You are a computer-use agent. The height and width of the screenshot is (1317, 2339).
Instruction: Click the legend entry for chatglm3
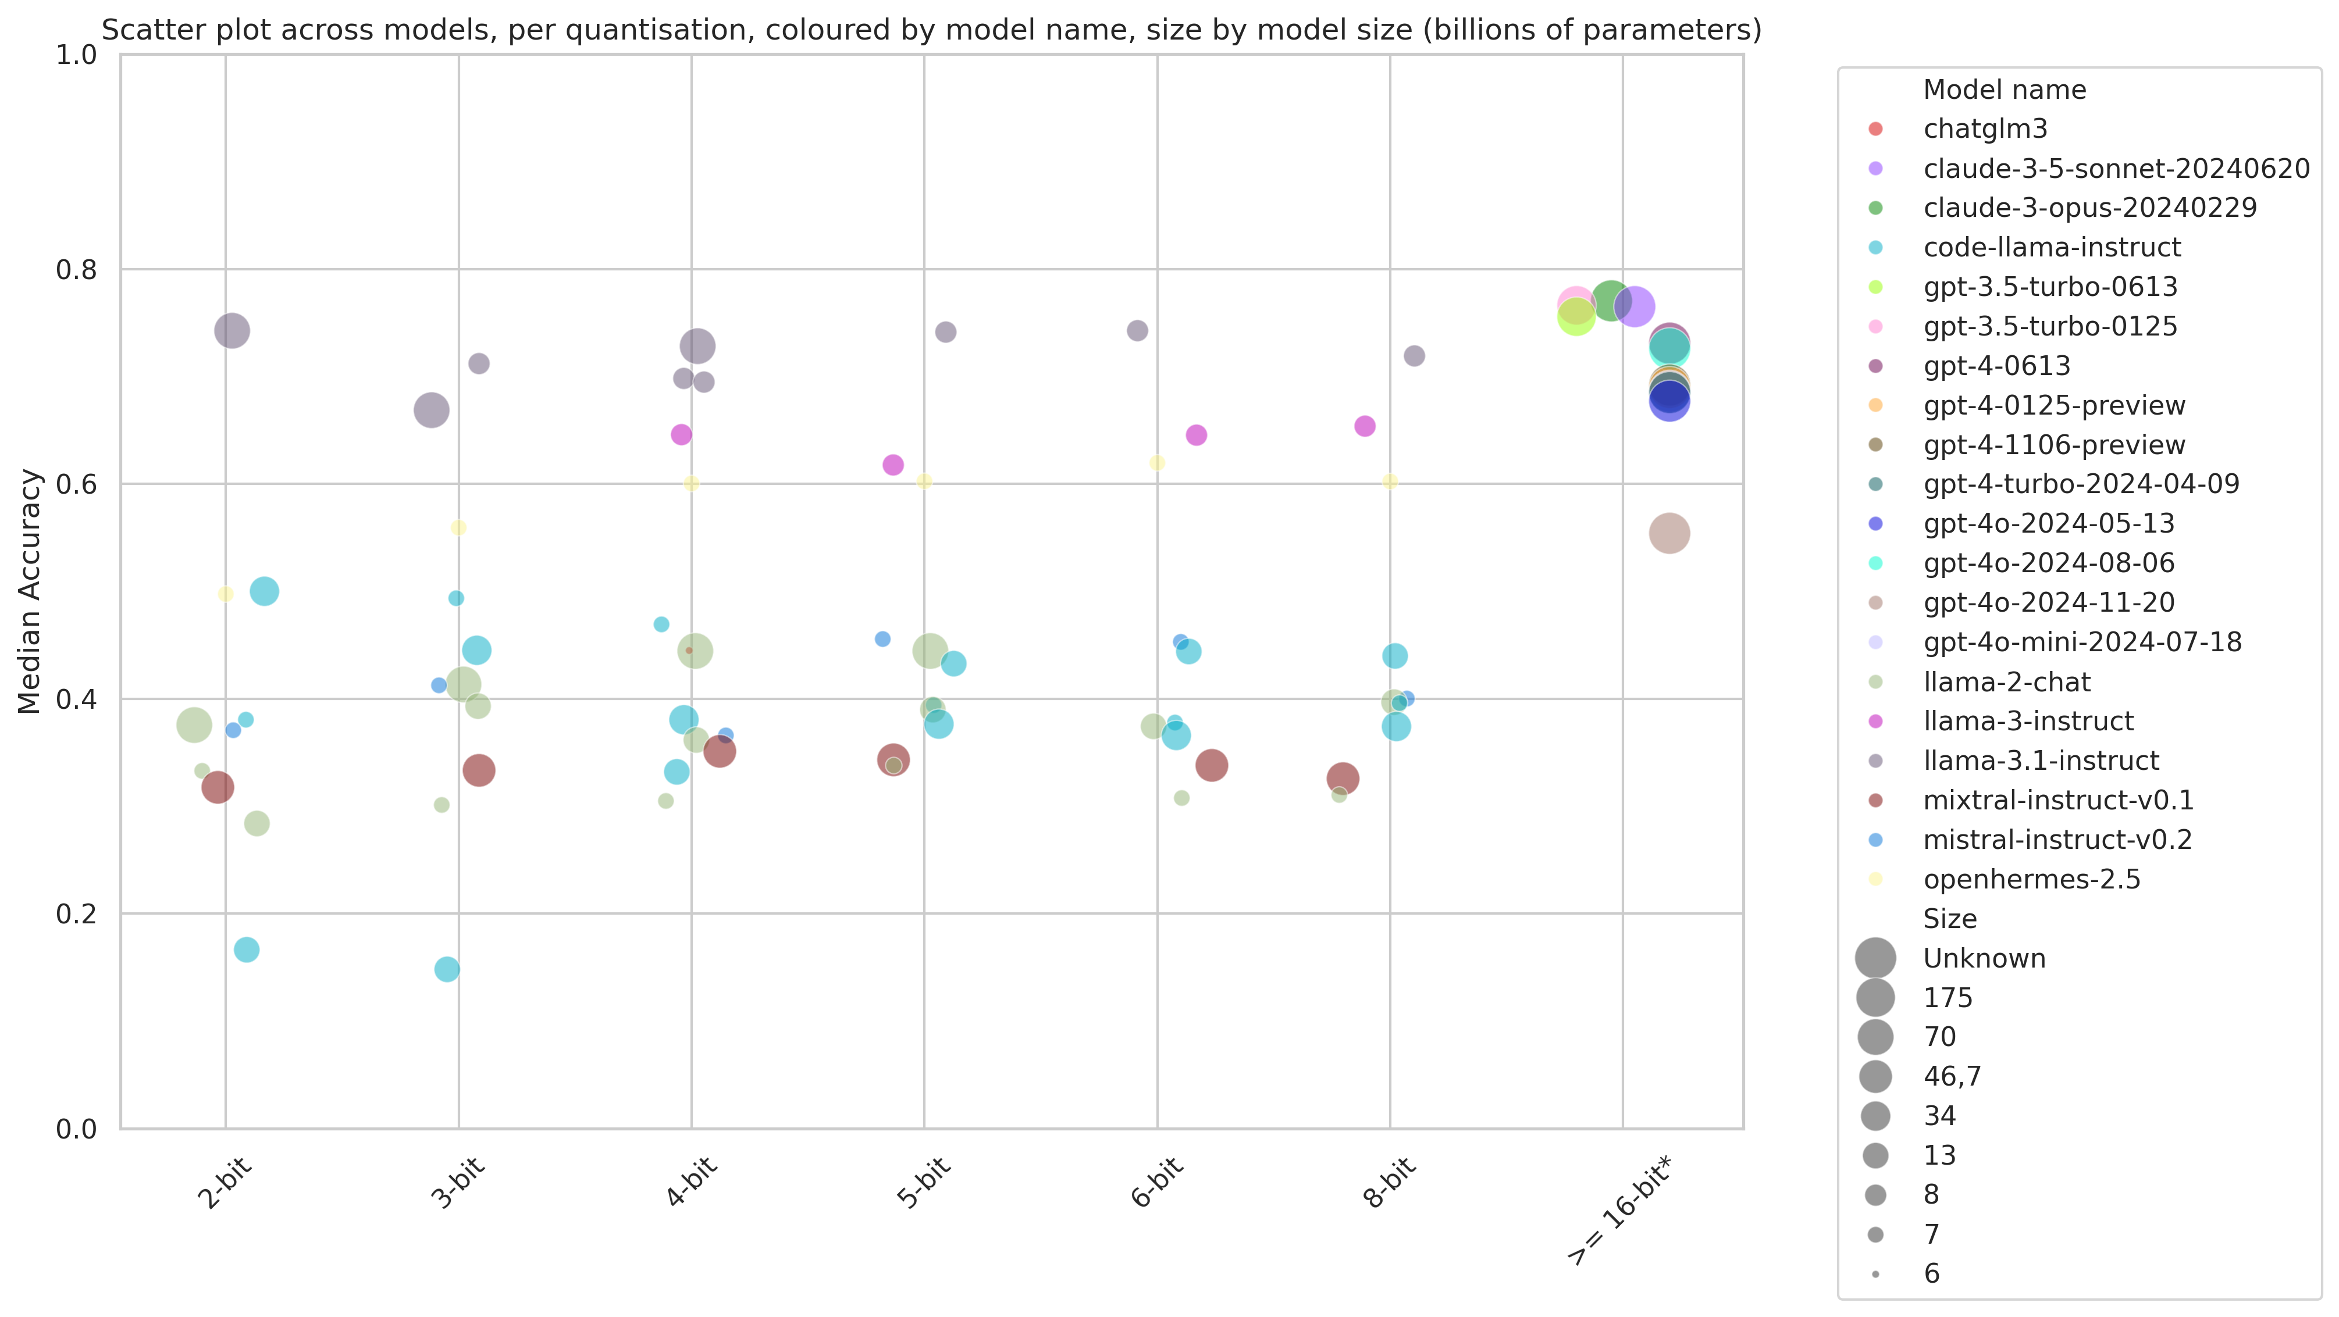click(1985, 129)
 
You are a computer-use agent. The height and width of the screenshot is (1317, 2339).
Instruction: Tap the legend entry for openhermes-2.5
click(2031, 880)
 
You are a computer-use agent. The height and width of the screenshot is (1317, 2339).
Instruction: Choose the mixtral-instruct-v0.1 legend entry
click(2057, 801)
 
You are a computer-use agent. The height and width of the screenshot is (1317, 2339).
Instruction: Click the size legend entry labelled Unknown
click(1984, 958)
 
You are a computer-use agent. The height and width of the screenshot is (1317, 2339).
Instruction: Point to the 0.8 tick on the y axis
click(76, 270)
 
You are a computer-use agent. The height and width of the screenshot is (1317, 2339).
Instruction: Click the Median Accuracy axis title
click(30, 592)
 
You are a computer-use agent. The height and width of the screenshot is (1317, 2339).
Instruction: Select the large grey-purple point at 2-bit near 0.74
click(233, 330)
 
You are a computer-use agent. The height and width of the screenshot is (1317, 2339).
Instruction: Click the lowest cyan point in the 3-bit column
click(447, 969)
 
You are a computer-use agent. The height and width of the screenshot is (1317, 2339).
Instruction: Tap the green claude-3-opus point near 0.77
click(1611, 301)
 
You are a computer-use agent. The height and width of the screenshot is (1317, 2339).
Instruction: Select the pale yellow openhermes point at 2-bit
click(226, 594)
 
